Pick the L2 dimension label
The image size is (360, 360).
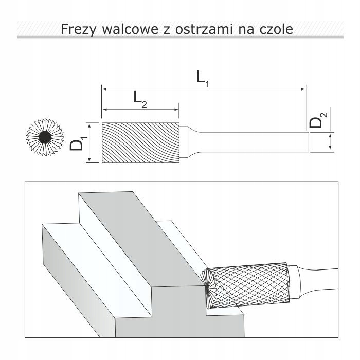click(x=140, y=99)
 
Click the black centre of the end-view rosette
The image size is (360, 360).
click(x=45, y=137)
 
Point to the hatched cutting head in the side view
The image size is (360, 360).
click(x=140, y=142)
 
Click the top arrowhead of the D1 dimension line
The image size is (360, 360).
click(x=90, y=125)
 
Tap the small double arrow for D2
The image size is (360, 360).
click(x=330, y=142)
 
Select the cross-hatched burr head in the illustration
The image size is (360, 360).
click(x=250, y=285)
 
